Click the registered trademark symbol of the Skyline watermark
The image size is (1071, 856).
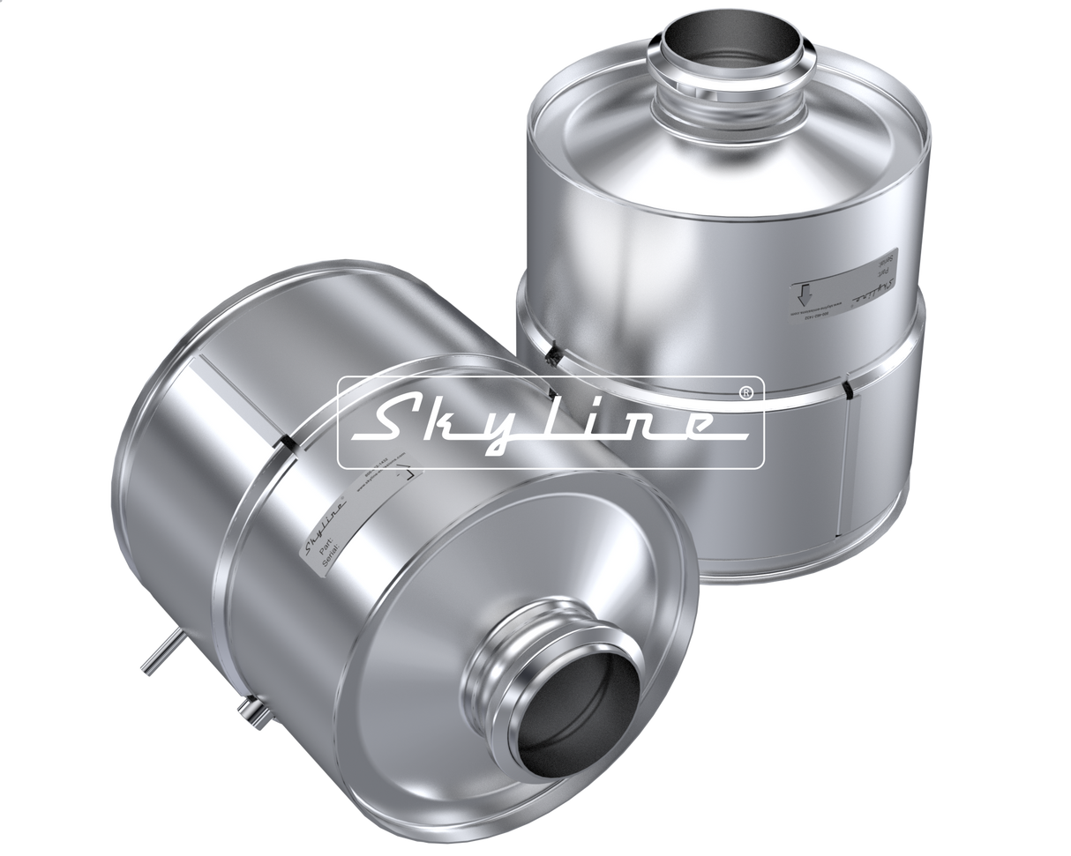(746, 391)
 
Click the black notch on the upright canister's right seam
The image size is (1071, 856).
(848, 388)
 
